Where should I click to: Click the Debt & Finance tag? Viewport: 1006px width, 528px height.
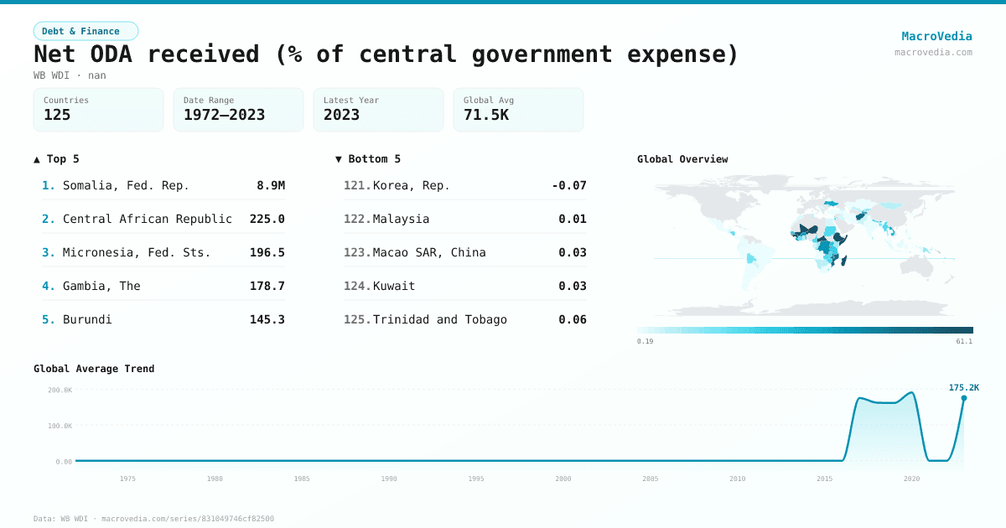pyautogui.click(x=86, y=31)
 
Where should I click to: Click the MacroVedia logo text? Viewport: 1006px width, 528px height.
pyautogui.click(x=936, y=36)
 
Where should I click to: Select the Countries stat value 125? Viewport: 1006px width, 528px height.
pyautogui.click(x=57, y=115)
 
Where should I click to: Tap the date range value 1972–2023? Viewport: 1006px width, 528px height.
pyautogui.click(x=224, y=115)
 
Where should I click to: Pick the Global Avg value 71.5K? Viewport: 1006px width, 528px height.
pyautogui.click(x=486, y=115)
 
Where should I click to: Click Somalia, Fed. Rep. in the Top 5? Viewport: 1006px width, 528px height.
pyautogui.click(x=126, y=185)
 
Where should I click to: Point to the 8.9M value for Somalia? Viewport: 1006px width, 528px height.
pyautogui.click(x=270, y=185)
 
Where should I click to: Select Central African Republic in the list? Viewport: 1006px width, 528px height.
pyautogui.click(x=148, y=219)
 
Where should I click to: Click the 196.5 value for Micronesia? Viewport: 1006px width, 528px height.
pyautogui.click(x=267, y=252)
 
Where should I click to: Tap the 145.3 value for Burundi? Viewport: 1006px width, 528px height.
pyautogui.click(x=267, y=319)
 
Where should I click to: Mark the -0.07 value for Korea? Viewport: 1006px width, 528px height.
pyautogui.click(x=569, y=185)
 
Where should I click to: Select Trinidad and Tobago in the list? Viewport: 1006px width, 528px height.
pyautogui.click(x=439, y=319)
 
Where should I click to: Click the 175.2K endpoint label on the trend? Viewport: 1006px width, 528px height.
pyautogui.click(x=963, y=387)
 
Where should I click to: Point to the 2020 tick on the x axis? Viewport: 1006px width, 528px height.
pyautogui.click(x=911, y=479)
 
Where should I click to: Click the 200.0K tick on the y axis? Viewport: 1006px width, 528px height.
pyautogui.click(x=60, y=390)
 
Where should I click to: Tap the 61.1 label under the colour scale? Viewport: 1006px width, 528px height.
pyautogui.click(x=964, y=341)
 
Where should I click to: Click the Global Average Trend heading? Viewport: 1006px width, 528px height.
pyautogui.click(x=94, y=369)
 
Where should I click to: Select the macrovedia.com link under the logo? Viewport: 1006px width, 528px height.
pyautogui.click(x=933, y=52)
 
